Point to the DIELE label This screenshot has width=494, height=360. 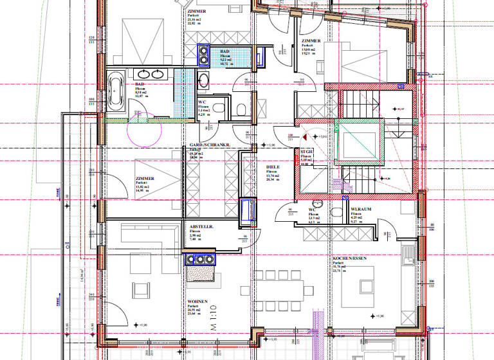pyautogui.click(x=272, y=166)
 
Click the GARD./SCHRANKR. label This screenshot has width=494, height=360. pyautogui.click(x=210, y=146)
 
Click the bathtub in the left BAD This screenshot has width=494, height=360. pyautogui.click(x=116, y=91)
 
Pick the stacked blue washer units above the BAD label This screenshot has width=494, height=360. pyautogui.click(x=204, y=55)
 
